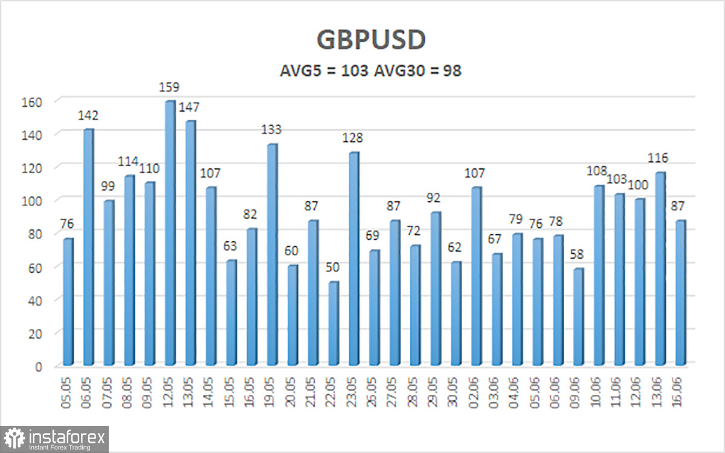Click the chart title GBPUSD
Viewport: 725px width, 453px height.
coord(371,40)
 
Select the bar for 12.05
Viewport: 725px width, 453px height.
coord(169,233)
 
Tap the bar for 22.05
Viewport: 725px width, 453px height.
coord(333,324)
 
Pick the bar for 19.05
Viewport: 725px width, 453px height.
coord(271,254)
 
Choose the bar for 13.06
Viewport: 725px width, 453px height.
coord(660,269)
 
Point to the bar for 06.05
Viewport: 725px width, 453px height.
coord(88,247)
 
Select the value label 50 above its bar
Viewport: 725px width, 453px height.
coord(333,269)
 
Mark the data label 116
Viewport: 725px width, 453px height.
coord(657,158)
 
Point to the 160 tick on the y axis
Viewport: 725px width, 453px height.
coord(33,102)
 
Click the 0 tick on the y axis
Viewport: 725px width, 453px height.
coord(37,366)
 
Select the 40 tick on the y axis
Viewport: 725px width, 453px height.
coord(34,300)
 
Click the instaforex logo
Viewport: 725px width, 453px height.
coord(56,438)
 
